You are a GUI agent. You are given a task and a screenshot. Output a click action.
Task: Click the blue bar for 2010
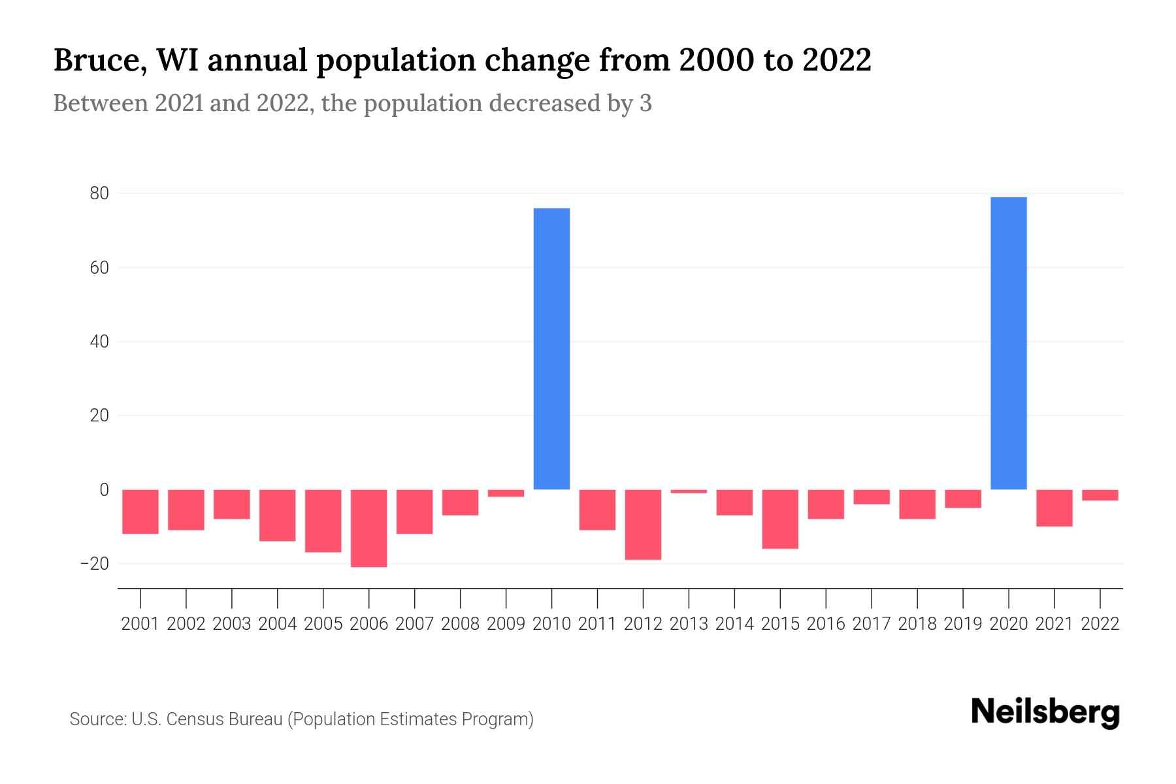tap(551, 349)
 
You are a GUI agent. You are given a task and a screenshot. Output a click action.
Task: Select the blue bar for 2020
tap(1008, 343)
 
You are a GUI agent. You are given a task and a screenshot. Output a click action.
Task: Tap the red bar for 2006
tap(368, 528)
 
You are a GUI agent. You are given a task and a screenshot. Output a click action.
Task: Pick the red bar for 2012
tap(643, 525)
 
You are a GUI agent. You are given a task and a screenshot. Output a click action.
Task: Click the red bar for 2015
tap(779, 519)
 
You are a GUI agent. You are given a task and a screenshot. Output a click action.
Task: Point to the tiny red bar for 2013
tap(689, 491)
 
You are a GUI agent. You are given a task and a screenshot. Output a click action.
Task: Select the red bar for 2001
tap(140, 512)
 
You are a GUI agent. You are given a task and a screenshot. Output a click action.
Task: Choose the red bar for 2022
tap(1100, 495)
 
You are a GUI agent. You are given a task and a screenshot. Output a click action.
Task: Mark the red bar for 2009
tap(506, 493)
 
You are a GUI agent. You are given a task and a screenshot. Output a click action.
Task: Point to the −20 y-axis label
tap(94, 564)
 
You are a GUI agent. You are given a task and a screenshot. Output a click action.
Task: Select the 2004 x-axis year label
tap(277, 624)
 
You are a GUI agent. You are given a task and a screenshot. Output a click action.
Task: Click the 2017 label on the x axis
tap(871, 624)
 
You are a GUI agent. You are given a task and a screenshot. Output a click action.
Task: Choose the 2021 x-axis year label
tap(1054, 624)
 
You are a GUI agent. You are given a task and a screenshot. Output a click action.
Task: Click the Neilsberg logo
tap(1045, 712)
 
